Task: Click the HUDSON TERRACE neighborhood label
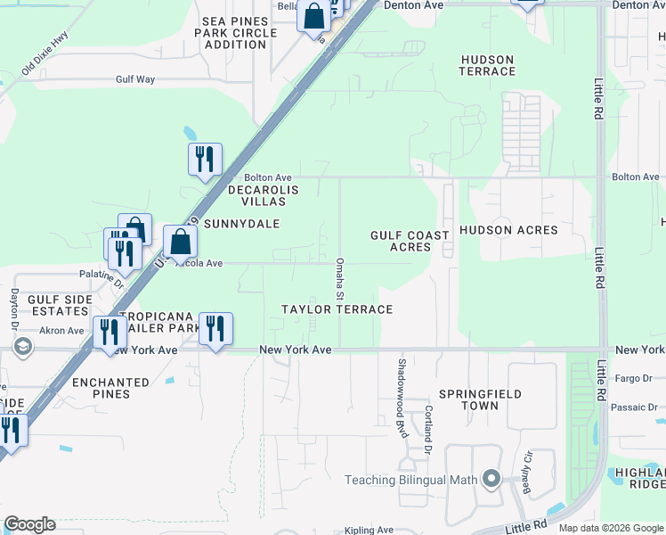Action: point(487,65)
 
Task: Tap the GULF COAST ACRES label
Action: point(410,241)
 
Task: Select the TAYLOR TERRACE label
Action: point(337,309)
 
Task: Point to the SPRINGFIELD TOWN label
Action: point(480,399)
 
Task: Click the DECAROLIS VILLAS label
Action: point(262,195)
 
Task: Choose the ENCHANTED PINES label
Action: point(110,388)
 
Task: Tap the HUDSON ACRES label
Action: point(508,230)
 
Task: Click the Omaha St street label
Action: point(339,278)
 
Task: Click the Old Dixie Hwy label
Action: point(45,53)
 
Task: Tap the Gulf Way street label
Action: point(135,79)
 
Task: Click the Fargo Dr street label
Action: point(634,378)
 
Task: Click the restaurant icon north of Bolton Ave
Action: point(205,160)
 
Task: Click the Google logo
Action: point(29,524)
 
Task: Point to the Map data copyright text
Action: point(610,528)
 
